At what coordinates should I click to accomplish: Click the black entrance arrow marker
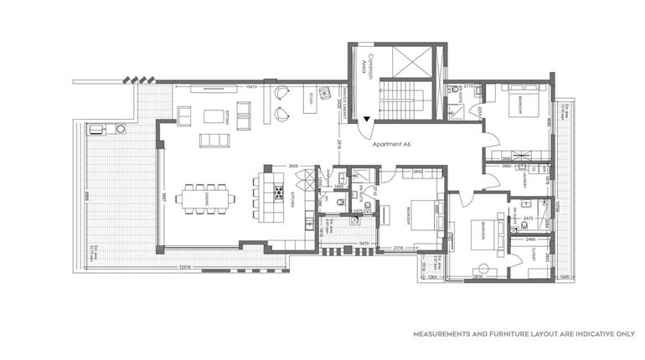365,121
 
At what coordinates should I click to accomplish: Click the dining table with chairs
207,198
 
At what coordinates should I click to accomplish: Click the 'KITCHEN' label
293,199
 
